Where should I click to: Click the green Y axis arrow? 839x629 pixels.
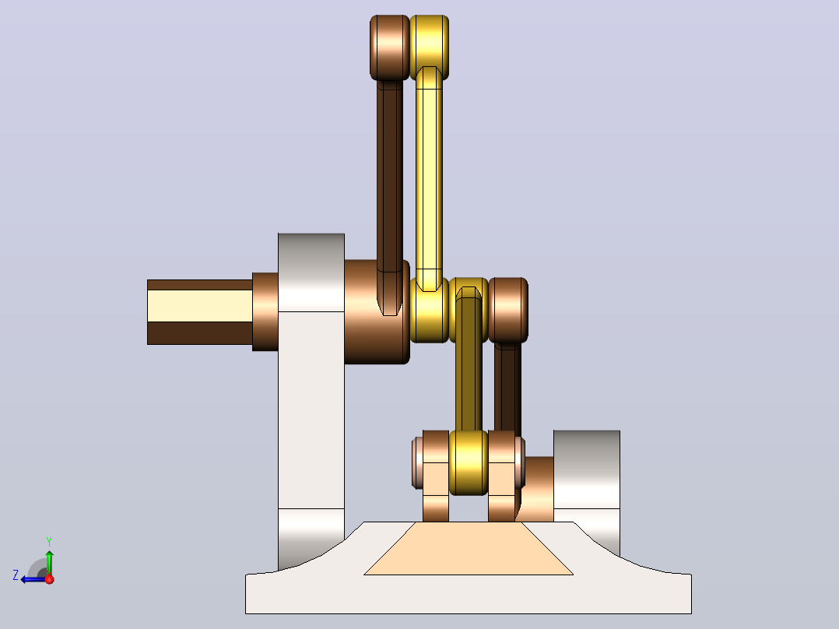coord(49,562)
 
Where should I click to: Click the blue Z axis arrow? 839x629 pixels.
coord(33,579)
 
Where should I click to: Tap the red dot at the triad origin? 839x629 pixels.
coord(49,579)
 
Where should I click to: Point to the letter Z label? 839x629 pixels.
coord(16,575)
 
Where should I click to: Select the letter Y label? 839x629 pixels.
coord(49,541)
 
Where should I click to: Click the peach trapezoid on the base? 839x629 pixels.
coord(469,548)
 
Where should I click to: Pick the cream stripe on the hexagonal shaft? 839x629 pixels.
coord(199,306)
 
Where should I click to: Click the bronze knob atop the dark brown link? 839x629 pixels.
coord(389,47)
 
